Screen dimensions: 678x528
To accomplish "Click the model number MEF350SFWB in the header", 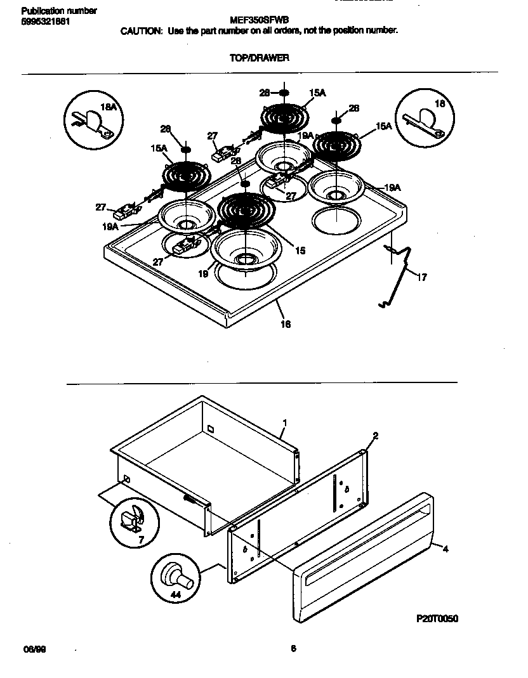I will coord(258,20).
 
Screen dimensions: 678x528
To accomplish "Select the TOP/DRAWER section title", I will coord(259,57).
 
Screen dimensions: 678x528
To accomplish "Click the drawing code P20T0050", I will coord(437,618).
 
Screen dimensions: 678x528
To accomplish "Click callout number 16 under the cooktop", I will coord(286,324).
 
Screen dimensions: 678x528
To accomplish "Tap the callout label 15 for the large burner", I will coord(300,251).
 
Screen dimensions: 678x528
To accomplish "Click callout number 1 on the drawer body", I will coord(285,422).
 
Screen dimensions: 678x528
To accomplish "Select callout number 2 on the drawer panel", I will coord(375,436).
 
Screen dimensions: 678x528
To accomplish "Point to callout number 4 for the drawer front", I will coord(445,549).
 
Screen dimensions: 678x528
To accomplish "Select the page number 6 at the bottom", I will coord(293,648).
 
